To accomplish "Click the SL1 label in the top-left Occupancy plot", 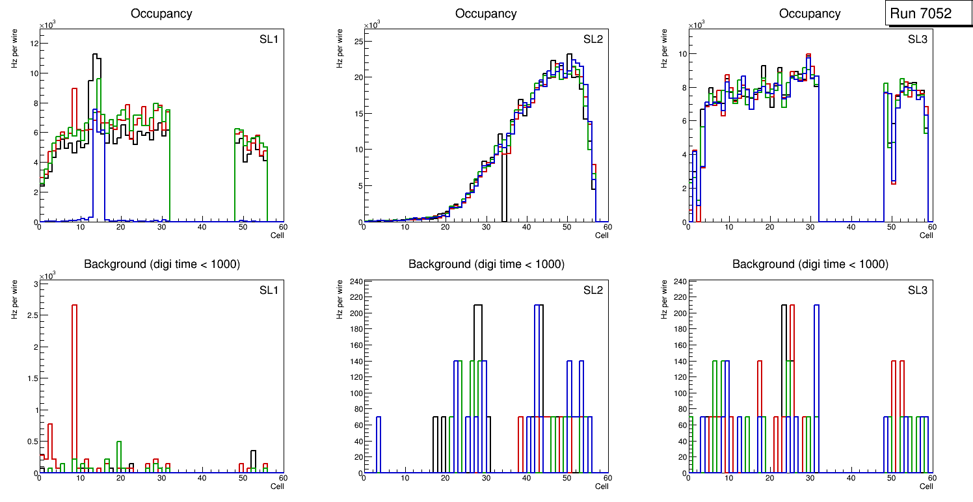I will tap(269, 39).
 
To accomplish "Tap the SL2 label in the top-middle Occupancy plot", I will tap(593, 39).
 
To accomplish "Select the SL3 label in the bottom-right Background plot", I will tap(917, 290).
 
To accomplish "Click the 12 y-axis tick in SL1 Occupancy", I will tap(34, 44).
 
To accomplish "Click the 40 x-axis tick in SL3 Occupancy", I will tap(850, 227).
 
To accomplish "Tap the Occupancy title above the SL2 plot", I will tap(486, 14).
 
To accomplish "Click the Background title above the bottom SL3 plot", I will tap(810, 265).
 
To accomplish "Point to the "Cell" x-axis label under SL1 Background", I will tap(277, 486).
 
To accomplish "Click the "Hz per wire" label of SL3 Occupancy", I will tap(665, 49).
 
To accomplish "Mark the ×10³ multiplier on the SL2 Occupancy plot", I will tap(371, 25).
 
